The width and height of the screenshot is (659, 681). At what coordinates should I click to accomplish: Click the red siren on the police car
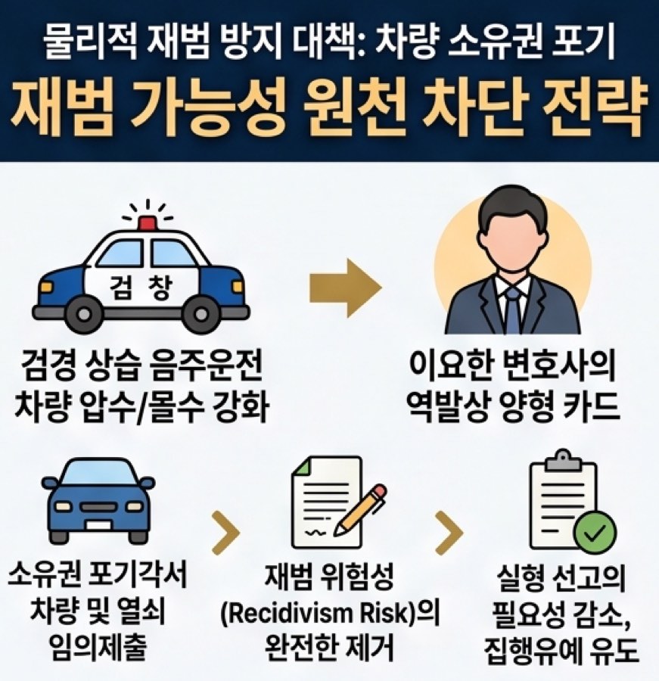coord(148,222)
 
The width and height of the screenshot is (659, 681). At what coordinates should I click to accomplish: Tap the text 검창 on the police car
coord(141,287)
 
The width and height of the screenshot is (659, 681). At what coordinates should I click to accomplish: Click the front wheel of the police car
coord(200,313)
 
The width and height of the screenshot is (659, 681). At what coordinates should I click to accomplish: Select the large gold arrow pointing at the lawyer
coord(345,287)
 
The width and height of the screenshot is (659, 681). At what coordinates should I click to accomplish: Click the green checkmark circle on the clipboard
coord(595,533)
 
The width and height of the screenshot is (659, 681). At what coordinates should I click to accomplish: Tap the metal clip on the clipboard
coord(563,460)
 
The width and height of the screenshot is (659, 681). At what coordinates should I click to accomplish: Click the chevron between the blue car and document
coord(226,533)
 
